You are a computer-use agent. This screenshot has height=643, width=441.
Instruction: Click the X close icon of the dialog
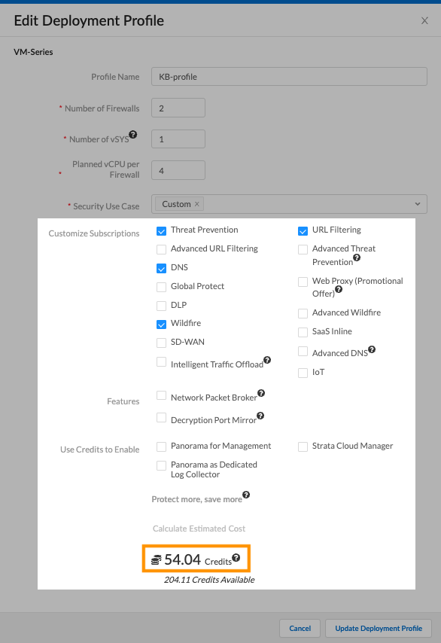(424, 21)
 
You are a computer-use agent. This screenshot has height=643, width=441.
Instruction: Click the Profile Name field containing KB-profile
(289, 77)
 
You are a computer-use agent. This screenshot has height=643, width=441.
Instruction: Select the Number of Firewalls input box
(178, 108)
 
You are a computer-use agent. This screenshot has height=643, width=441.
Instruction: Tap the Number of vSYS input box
(178, 139)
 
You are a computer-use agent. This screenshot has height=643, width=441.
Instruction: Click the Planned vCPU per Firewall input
(178, 170)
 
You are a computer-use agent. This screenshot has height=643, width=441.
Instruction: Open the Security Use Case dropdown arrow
(418, 204)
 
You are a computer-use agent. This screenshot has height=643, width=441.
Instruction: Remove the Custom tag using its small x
(197, 204)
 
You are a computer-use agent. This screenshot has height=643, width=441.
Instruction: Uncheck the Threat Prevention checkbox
(161, 230)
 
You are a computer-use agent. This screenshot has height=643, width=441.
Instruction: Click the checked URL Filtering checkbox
(303, 230)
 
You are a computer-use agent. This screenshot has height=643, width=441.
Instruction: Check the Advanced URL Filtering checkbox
(161, 249)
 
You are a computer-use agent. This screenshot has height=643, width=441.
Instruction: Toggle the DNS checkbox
(161, 268)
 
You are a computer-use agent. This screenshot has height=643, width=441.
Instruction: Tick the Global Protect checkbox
(161, 287)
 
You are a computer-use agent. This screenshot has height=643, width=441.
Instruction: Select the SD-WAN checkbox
(161, 343)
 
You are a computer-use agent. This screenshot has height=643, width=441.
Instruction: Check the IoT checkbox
(303, 373)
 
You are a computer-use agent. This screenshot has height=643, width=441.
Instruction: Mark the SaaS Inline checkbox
(303, 332)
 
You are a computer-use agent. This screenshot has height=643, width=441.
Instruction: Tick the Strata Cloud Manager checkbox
(303, 446)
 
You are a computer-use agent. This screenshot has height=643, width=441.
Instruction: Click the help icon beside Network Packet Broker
(261, 393)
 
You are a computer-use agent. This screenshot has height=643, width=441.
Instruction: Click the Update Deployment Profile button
(379, 628)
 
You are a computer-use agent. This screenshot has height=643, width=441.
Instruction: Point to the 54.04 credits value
(183, 559)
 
